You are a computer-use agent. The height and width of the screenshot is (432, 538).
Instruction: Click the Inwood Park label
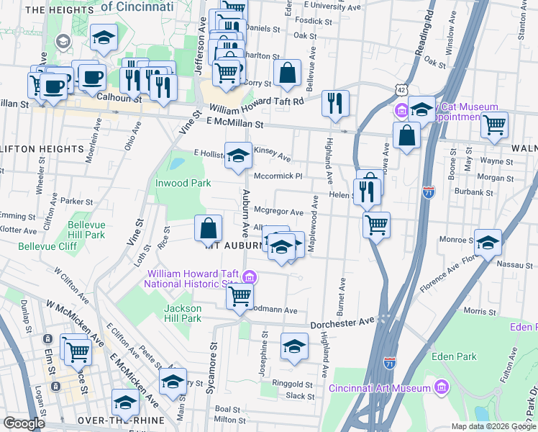coord(183,183)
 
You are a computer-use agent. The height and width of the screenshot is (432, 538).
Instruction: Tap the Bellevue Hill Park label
coord(86,230)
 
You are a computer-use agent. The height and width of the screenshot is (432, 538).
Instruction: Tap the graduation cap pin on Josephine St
coord(293,346)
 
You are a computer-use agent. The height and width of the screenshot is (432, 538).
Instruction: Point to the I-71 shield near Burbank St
coord(429,192)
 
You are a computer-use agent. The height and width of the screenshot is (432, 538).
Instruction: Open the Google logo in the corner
coord(24,423)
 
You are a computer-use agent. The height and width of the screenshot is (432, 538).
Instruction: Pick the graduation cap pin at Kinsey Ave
coord(238,155)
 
